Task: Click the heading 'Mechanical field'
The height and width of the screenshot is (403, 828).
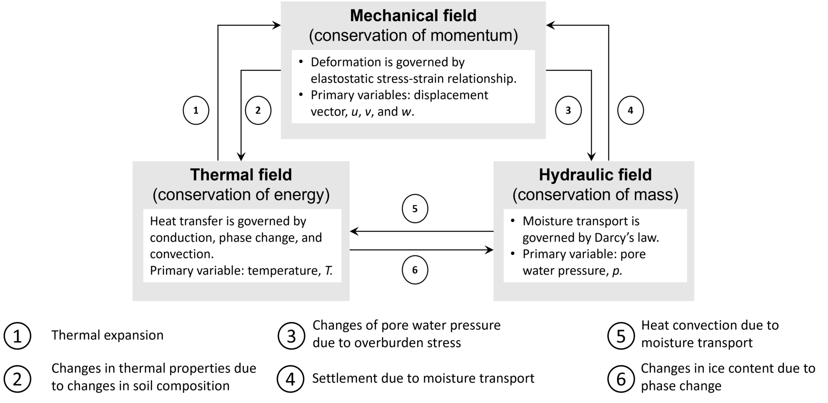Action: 413,16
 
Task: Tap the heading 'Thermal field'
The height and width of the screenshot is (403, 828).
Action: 241,175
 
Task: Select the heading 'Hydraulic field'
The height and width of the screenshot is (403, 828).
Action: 595,175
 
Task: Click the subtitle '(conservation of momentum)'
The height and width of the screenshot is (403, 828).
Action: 413,36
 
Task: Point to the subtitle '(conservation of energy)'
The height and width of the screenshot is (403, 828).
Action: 241,195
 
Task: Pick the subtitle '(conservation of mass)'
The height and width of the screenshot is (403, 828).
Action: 595,195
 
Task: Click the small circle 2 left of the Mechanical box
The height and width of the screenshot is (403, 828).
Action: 258,110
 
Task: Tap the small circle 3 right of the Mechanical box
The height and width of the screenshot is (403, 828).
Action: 568,110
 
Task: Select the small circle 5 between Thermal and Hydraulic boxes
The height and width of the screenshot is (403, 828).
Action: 415,209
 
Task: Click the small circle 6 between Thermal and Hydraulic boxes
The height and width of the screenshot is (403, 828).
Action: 415,270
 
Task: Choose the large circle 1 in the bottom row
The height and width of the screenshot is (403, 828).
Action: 17,336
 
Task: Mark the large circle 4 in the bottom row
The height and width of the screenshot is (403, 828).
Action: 291,379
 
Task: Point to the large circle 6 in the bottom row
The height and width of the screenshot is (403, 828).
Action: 621,379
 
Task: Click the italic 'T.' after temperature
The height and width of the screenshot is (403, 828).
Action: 328,270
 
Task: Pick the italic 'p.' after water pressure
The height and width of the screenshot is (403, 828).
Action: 617,270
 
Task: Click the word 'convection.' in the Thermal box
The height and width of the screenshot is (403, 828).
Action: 182,254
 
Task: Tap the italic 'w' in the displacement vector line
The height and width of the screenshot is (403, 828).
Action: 406,112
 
